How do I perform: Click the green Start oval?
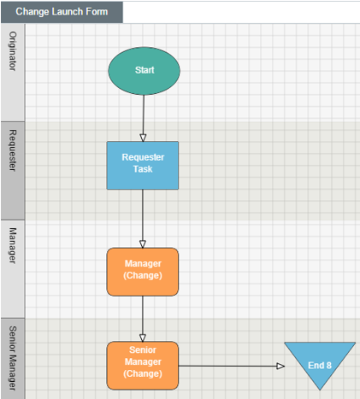144,71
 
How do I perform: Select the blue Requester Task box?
143,166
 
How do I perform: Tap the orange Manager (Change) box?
143,272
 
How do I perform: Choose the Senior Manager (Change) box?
143,366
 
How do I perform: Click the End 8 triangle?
320,361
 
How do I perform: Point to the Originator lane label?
13,51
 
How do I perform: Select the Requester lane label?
13,150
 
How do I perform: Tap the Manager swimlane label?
13,245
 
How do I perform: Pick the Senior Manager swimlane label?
13,358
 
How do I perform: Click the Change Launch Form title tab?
62,12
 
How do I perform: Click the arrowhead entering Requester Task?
143,138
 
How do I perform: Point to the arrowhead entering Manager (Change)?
143,244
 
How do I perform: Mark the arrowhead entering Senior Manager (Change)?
143,338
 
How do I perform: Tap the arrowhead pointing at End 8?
280,366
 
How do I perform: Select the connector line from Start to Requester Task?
144,118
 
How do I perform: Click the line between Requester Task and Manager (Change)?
143,219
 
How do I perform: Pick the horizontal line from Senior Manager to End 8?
232,366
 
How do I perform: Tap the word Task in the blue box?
143,169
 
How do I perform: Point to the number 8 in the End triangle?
329,366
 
